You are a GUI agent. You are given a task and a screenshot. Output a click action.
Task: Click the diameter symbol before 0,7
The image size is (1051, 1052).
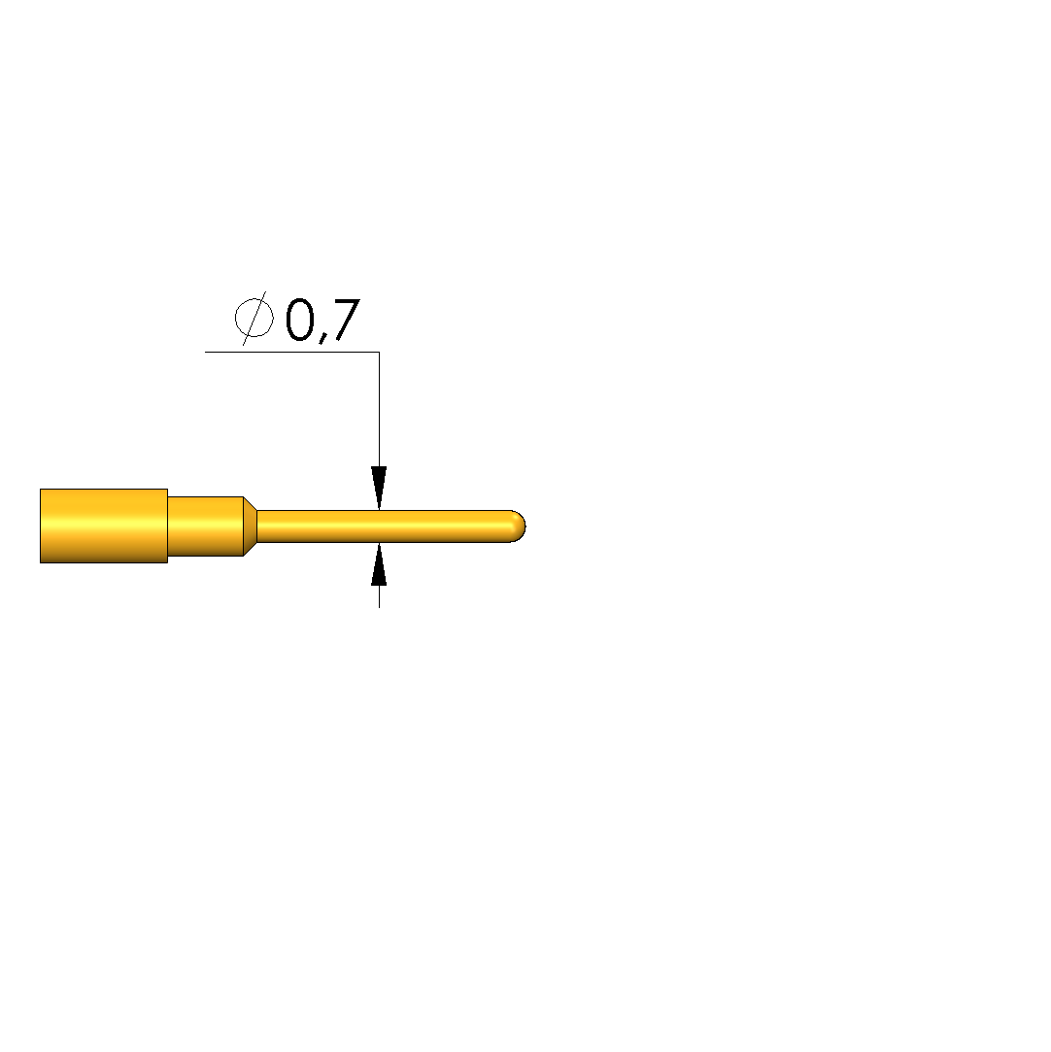(x=254, y=318)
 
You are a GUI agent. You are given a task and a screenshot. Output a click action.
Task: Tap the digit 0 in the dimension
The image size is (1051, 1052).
(x=300, y=320)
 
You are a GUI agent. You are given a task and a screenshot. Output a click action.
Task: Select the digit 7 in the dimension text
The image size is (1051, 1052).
(x=346, y=320)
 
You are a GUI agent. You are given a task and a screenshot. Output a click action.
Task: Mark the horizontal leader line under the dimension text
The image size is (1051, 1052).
(x=291, y=352)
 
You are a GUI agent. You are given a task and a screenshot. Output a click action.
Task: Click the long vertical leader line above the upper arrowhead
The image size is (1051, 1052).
(x=379, y=409)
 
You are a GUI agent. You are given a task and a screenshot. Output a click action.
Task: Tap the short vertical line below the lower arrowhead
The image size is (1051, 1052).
(x=379, y=596)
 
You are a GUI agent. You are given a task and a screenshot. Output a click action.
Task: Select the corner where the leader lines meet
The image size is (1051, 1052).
(x=379, y=352)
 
